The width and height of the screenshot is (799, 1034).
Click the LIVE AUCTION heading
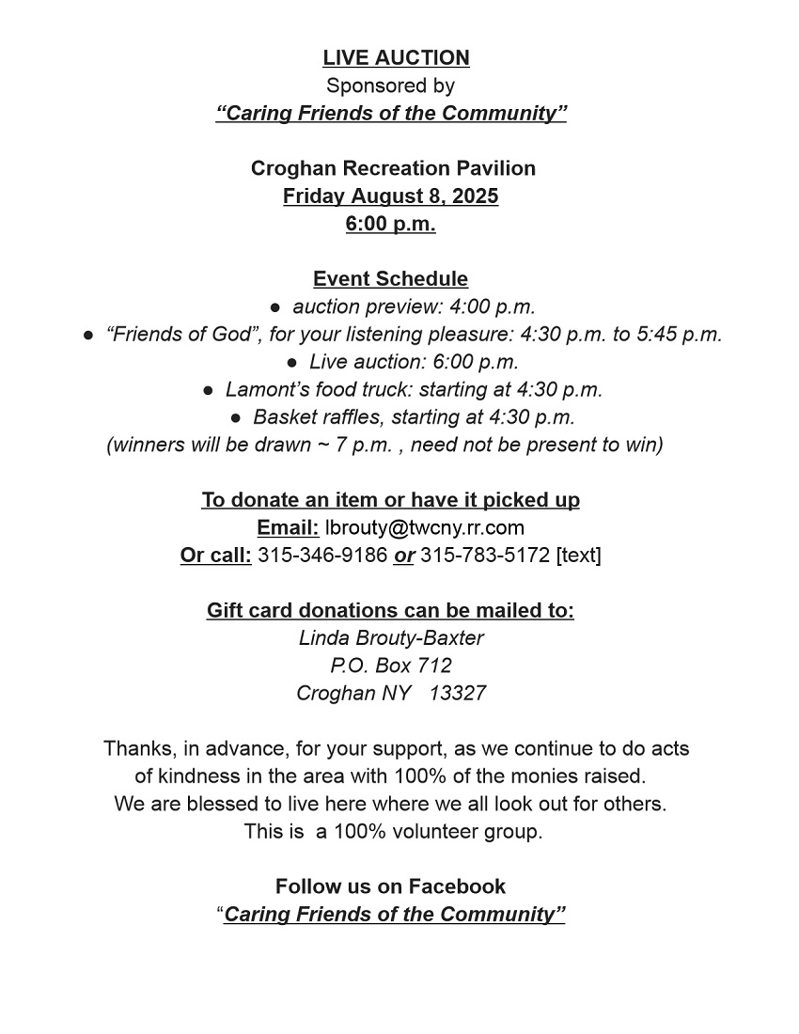tap(396, 58)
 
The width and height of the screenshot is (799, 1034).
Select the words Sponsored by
tap(390, 86)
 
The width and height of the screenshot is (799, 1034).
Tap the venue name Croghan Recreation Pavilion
tap(393, 168)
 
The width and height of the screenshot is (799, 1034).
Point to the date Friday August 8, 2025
tap(390, 196)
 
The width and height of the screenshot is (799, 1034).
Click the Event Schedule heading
tap(390, 279)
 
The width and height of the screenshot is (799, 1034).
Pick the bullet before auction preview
tap(275, 307)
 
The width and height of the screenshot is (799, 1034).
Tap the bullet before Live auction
tap(292, 362)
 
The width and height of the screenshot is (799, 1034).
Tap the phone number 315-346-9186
tap(322, 555)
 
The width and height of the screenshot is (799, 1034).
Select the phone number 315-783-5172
tap(485, 555)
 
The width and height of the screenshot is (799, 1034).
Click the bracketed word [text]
tap(579, 555)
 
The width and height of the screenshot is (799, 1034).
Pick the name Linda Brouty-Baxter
tap(391, 638)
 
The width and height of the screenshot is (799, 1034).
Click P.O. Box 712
tap(391, 666)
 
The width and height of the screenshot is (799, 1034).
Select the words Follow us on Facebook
tap(390, 886)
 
